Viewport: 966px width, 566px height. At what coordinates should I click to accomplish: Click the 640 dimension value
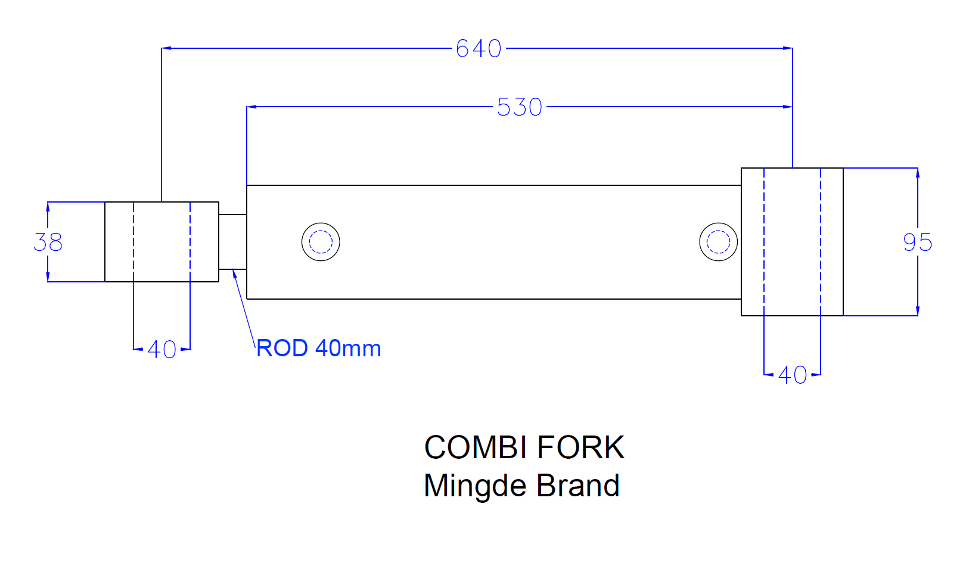(x=479, y=48)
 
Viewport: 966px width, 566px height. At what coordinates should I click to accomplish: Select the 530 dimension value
(x=520, y=107)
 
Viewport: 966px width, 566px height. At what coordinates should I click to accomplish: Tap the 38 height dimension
(x=48, y=242)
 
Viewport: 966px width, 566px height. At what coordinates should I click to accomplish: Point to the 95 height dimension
(x=917, y=242)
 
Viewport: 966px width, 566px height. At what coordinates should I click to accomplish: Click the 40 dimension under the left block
(x=161, y=349)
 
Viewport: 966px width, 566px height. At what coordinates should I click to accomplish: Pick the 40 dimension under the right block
(x=792, y=375)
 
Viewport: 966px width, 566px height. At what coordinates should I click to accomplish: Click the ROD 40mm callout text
(x=318, y=348)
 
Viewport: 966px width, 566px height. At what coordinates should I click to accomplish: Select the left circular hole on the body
(x=321, y=242)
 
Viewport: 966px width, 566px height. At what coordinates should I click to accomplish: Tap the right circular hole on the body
(x=718, y=242)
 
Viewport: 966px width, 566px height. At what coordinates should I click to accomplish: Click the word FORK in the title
(x=580, y=447)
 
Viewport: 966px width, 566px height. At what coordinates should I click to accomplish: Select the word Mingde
(x=475, y=486)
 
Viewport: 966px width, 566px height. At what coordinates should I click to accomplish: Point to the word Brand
(x=577, y=486)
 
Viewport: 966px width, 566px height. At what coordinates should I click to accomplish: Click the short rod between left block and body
(x=232, y=242)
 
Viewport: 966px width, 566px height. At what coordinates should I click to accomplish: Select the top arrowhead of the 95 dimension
(x=917, y=173)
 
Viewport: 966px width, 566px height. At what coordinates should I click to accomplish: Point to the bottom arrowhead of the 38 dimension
(x=48, y=276)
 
